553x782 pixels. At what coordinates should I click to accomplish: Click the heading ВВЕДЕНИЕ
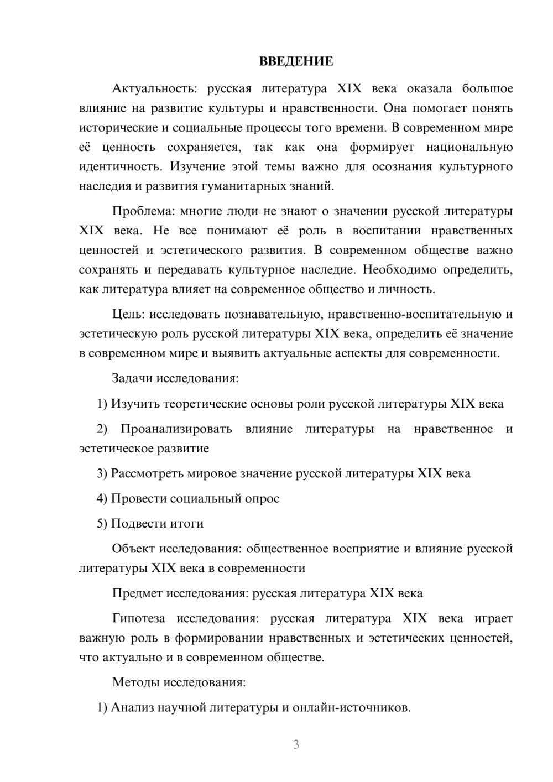click(296, 61)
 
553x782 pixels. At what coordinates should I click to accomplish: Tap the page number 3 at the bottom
click(296, 744)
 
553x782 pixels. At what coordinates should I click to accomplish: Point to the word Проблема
click(142, 211)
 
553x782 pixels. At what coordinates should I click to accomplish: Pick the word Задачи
click(133, 378)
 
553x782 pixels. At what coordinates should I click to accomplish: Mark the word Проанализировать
click(176, 429)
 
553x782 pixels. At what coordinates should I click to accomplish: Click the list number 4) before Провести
click(102, 499)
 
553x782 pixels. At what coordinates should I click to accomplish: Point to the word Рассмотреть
click(147, 474)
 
